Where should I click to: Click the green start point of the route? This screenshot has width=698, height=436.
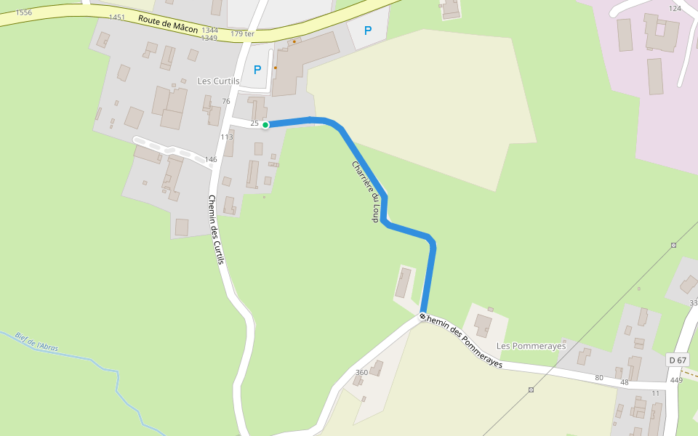tap(265, 125)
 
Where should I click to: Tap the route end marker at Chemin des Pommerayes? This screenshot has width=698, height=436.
tap(422, 317)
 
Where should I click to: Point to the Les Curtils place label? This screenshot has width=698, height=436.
tap(218, 81)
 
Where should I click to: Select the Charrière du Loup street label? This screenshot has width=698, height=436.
tap(366, 191)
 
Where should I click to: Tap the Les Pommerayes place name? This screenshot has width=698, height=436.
tap(531, 346)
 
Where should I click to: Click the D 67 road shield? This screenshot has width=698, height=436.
tap(677, 360)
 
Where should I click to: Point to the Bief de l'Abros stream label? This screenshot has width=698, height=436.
tap(36, 342)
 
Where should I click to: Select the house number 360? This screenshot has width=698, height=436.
tap(361, 372)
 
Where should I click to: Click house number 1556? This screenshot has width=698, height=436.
tap(23, 12)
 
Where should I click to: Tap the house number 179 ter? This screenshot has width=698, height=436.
tap(242, 33)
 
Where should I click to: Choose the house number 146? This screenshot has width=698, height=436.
tap(211, 159)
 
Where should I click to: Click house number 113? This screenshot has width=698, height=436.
tap(227, 137)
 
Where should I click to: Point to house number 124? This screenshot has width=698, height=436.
tap(675, 8)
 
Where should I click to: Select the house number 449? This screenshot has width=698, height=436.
tap(676, 380)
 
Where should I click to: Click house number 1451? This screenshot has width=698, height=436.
tap(116, 17)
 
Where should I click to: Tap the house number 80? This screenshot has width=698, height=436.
tap(599, 377)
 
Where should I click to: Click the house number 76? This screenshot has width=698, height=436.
tap(226, 101)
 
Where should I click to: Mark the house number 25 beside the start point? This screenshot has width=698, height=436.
tap(254, 124)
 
